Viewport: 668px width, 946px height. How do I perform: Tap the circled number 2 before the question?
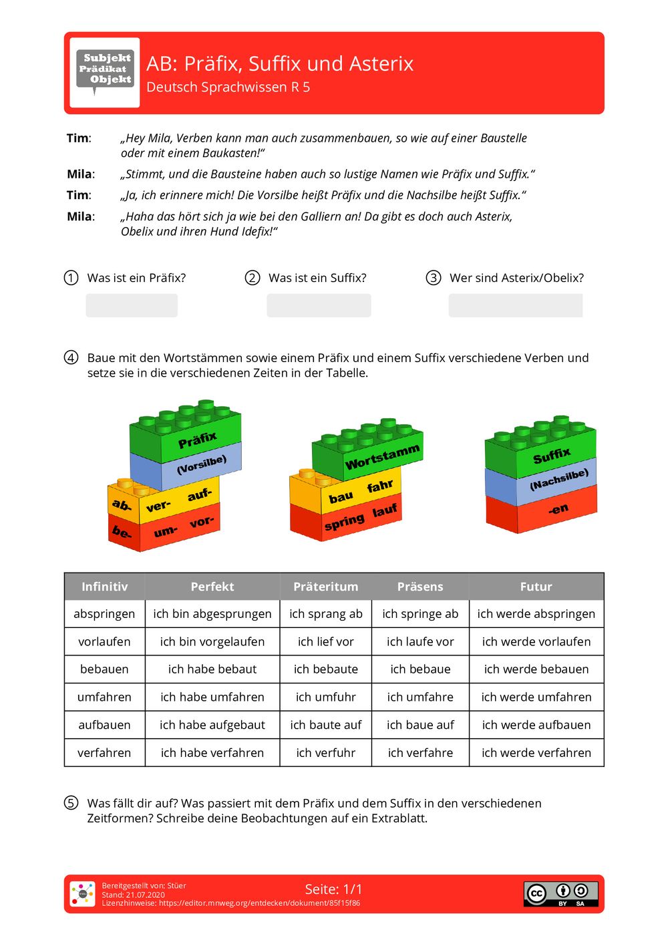252,278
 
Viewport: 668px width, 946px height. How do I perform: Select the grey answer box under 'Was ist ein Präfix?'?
132,305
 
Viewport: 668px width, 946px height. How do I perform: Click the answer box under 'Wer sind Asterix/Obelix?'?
515,305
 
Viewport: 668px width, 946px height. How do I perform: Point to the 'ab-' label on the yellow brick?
122,504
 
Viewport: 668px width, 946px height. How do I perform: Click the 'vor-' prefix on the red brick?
201,522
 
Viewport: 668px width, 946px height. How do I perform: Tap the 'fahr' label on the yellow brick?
379,486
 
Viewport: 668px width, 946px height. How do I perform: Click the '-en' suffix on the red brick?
558,509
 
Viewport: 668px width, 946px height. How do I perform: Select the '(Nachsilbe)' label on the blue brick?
559,479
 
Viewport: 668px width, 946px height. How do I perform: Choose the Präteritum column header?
325,587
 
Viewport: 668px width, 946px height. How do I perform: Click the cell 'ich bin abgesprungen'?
212,614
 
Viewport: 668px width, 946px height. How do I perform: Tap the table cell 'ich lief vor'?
325,642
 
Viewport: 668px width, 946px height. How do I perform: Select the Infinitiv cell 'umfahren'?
104,697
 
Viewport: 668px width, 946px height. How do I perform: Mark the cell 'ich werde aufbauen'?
536,725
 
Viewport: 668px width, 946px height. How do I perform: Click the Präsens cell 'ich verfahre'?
420,753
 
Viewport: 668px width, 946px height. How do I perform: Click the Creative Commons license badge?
560,894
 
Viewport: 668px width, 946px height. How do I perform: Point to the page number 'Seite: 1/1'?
333,889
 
